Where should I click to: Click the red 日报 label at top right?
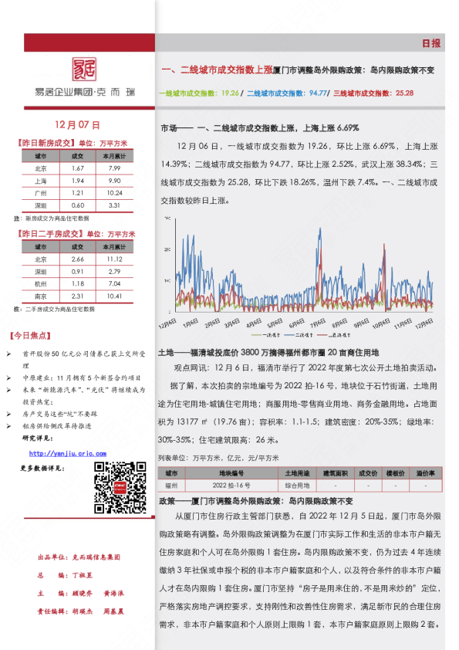click(x=431, y=43)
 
